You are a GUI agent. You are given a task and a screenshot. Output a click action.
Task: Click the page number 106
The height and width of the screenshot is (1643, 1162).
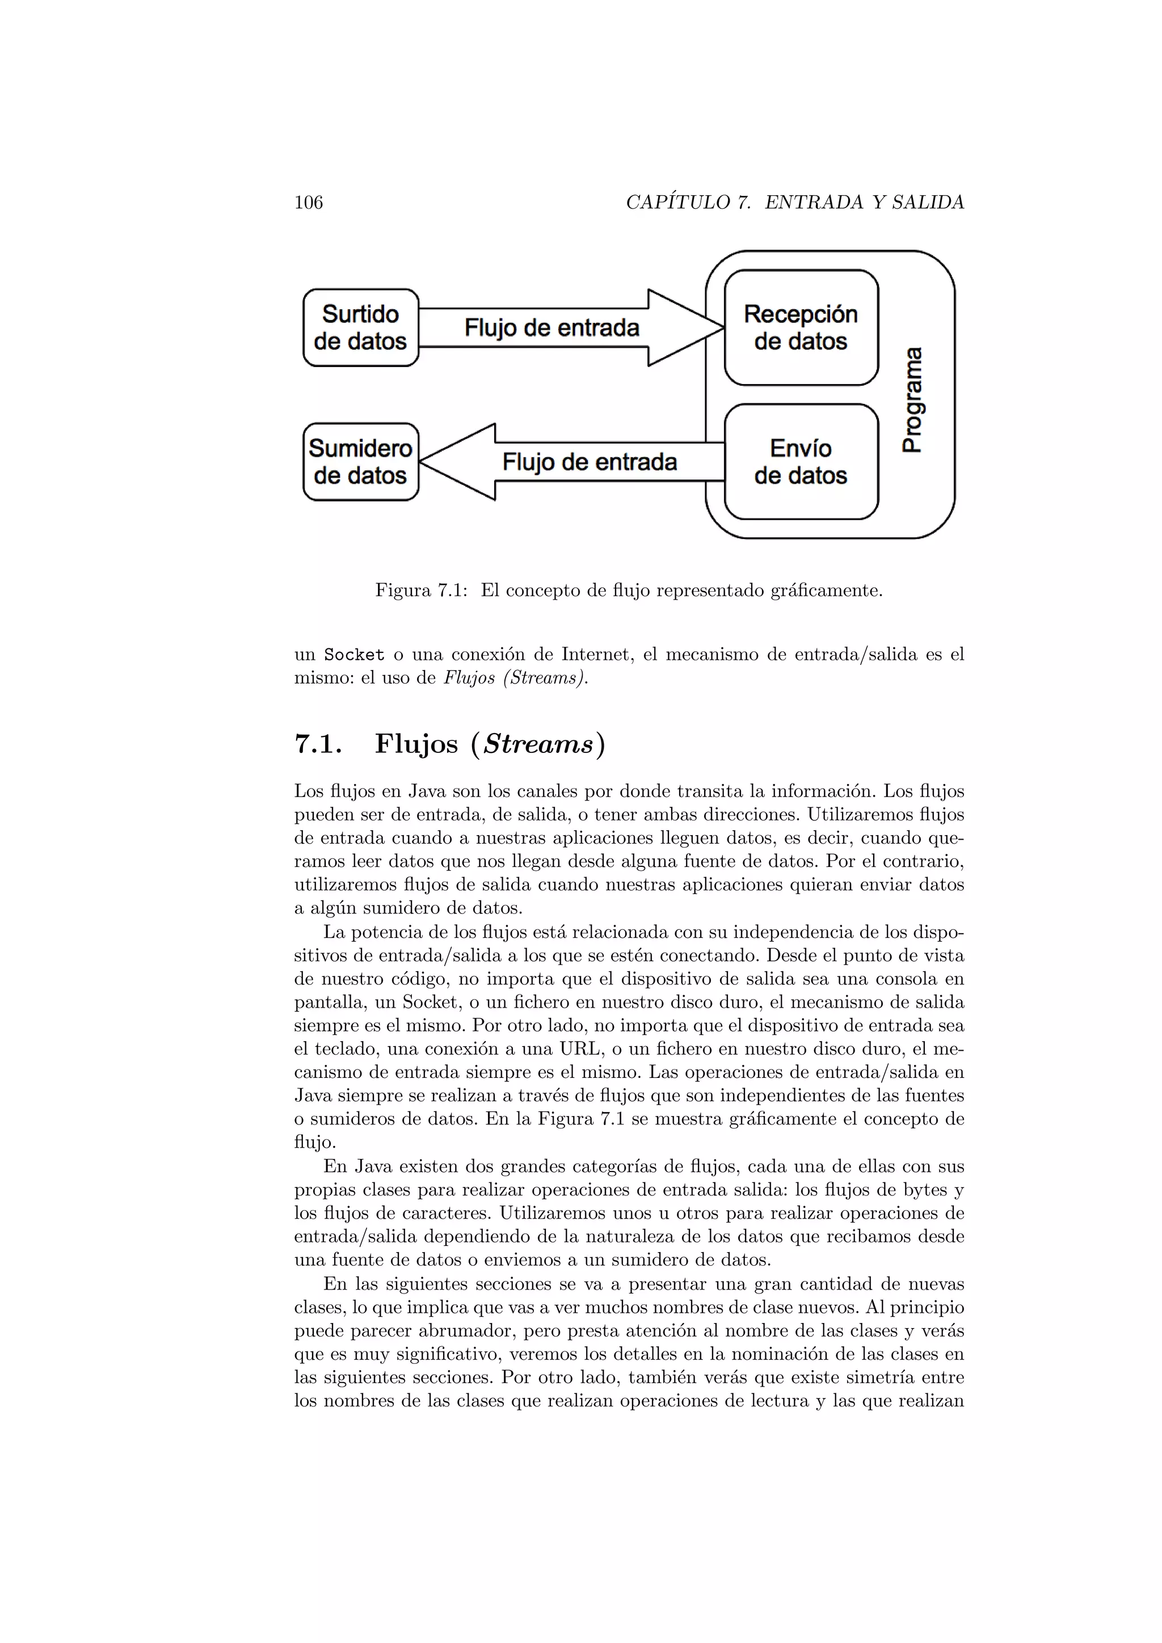click(309, 203)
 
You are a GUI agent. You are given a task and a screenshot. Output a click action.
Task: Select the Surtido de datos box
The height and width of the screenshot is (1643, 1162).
click(361, 328)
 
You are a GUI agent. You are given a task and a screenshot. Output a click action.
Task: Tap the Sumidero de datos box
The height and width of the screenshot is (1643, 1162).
click(361, 462)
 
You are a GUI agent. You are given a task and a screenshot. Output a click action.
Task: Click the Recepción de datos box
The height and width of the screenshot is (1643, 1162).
click(801, 328)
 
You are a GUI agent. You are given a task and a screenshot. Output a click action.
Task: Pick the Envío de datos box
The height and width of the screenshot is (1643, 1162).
click(801, 462)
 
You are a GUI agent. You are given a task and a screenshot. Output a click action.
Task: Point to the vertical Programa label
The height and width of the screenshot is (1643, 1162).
click(912, 400)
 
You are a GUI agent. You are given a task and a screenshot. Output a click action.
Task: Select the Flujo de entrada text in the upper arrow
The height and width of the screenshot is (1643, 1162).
click(551, 328)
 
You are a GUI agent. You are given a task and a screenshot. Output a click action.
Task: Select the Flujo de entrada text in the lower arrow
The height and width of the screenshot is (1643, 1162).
click(589, 462)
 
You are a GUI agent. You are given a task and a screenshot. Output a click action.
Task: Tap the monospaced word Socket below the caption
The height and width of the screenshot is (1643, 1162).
click(354, 655)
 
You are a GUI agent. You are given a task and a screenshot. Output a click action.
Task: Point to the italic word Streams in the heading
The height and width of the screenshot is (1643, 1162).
click(538, 744)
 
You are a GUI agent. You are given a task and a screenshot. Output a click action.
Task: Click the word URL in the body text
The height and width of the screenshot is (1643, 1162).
click(568, 1049)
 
